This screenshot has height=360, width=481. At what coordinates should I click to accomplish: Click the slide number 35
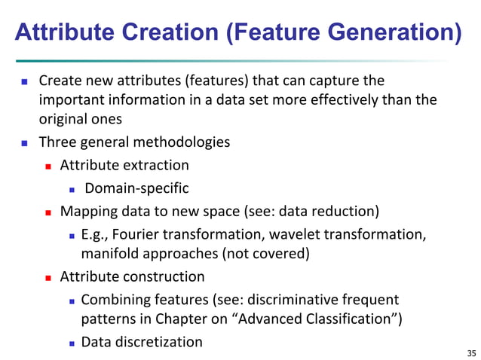pos(471,352)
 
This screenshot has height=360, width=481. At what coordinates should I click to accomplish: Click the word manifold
pos(109,254)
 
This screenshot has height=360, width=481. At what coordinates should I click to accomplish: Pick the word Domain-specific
pos(136,188)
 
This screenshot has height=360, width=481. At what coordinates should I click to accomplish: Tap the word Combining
pos(113,300)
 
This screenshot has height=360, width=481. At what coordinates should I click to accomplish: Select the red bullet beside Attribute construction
pos(48,277)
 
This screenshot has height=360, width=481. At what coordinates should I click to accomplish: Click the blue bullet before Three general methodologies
pos(24,142)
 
